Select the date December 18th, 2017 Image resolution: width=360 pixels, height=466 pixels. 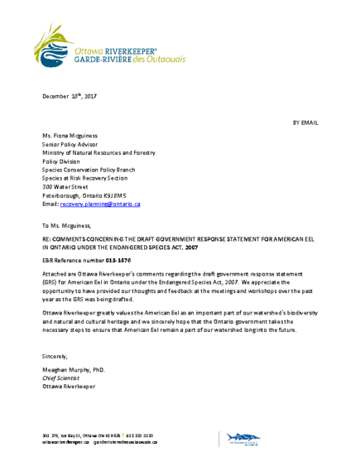[70, 97]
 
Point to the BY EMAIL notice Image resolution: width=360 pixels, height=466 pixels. [305, 123]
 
